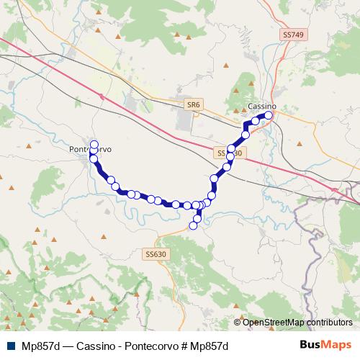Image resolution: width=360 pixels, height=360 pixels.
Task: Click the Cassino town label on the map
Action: (x=261, y=106)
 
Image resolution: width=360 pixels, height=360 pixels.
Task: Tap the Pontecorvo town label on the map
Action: (x=90, y=149)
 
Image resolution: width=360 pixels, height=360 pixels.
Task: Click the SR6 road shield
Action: (x=192, y=105)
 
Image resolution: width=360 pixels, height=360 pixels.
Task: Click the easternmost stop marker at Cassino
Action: (x=270, y=115)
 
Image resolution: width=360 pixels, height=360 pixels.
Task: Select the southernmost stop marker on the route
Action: (x=193, y=226)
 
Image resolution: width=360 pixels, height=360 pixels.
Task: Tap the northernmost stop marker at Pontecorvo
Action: (x=94, y=144)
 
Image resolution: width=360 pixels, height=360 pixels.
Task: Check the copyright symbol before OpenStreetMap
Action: (x=238, y=322)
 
